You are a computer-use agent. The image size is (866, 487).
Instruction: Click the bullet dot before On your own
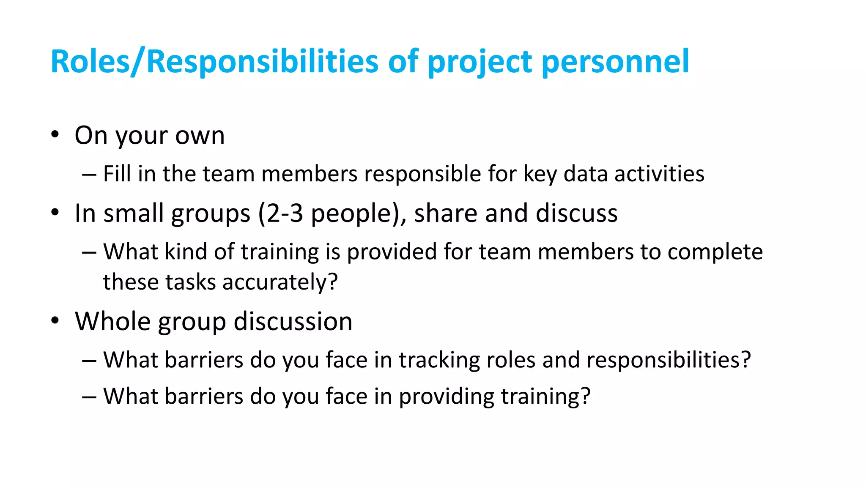[x=55, y=135]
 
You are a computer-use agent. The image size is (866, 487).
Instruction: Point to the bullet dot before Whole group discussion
[x=55, y=321]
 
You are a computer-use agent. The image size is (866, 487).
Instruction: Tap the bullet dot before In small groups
[x=55, y=213]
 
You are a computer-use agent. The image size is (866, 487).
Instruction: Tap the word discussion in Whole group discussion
[x=293, y=321]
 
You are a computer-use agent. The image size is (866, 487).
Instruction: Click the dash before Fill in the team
[x=89, y=174]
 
